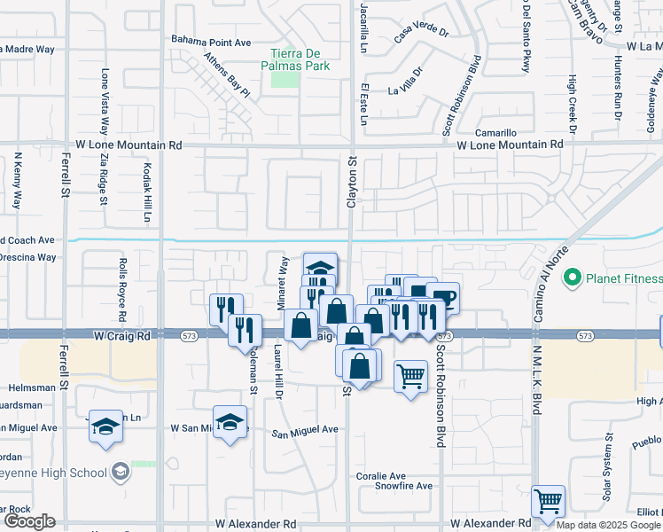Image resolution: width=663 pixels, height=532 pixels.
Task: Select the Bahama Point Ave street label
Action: (212, 42)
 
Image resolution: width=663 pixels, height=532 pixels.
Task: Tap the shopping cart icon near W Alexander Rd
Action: (549, 501)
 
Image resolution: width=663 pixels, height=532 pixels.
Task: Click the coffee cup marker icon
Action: (443, 297)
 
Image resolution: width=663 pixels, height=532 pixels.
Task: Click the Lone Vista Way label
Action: (105, 112)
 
